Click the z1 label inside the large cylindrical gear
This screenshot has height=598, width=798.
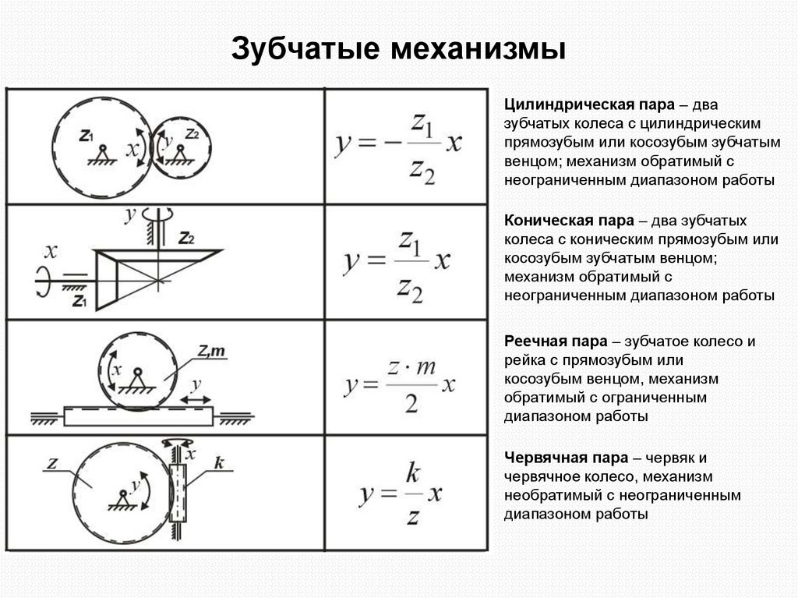87,135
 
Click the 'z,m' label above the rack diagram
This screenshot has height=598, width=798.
210,352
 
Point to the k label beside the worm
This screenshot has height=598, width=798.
219,465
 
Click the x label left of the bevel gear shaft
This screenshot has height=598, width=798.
51,251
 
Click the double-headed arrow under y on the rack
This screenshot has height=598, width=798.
196,399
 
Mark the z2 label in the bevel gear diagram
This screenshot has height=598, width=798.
186,238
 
